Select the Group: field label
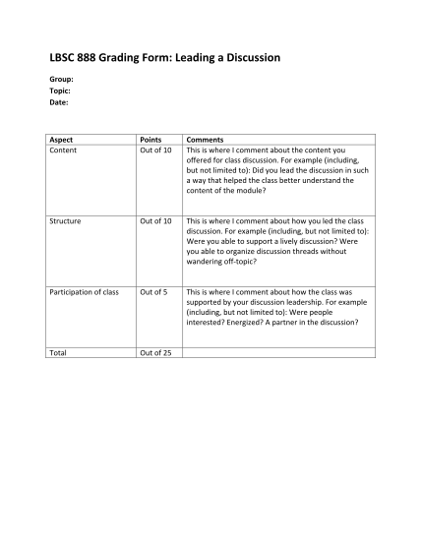click(61, 79)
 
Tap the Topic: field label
click(60, 91)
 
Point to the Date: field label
click(59, 101)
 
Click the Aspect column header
click(61, 141)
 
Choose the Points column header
click(152, 141)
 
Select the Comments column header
click(206, 141)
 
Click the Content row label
click(63, 151)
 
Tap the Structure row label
click(66, 221)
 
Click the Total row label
click(58, 352)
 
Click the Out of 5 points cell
click(153, 292)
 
